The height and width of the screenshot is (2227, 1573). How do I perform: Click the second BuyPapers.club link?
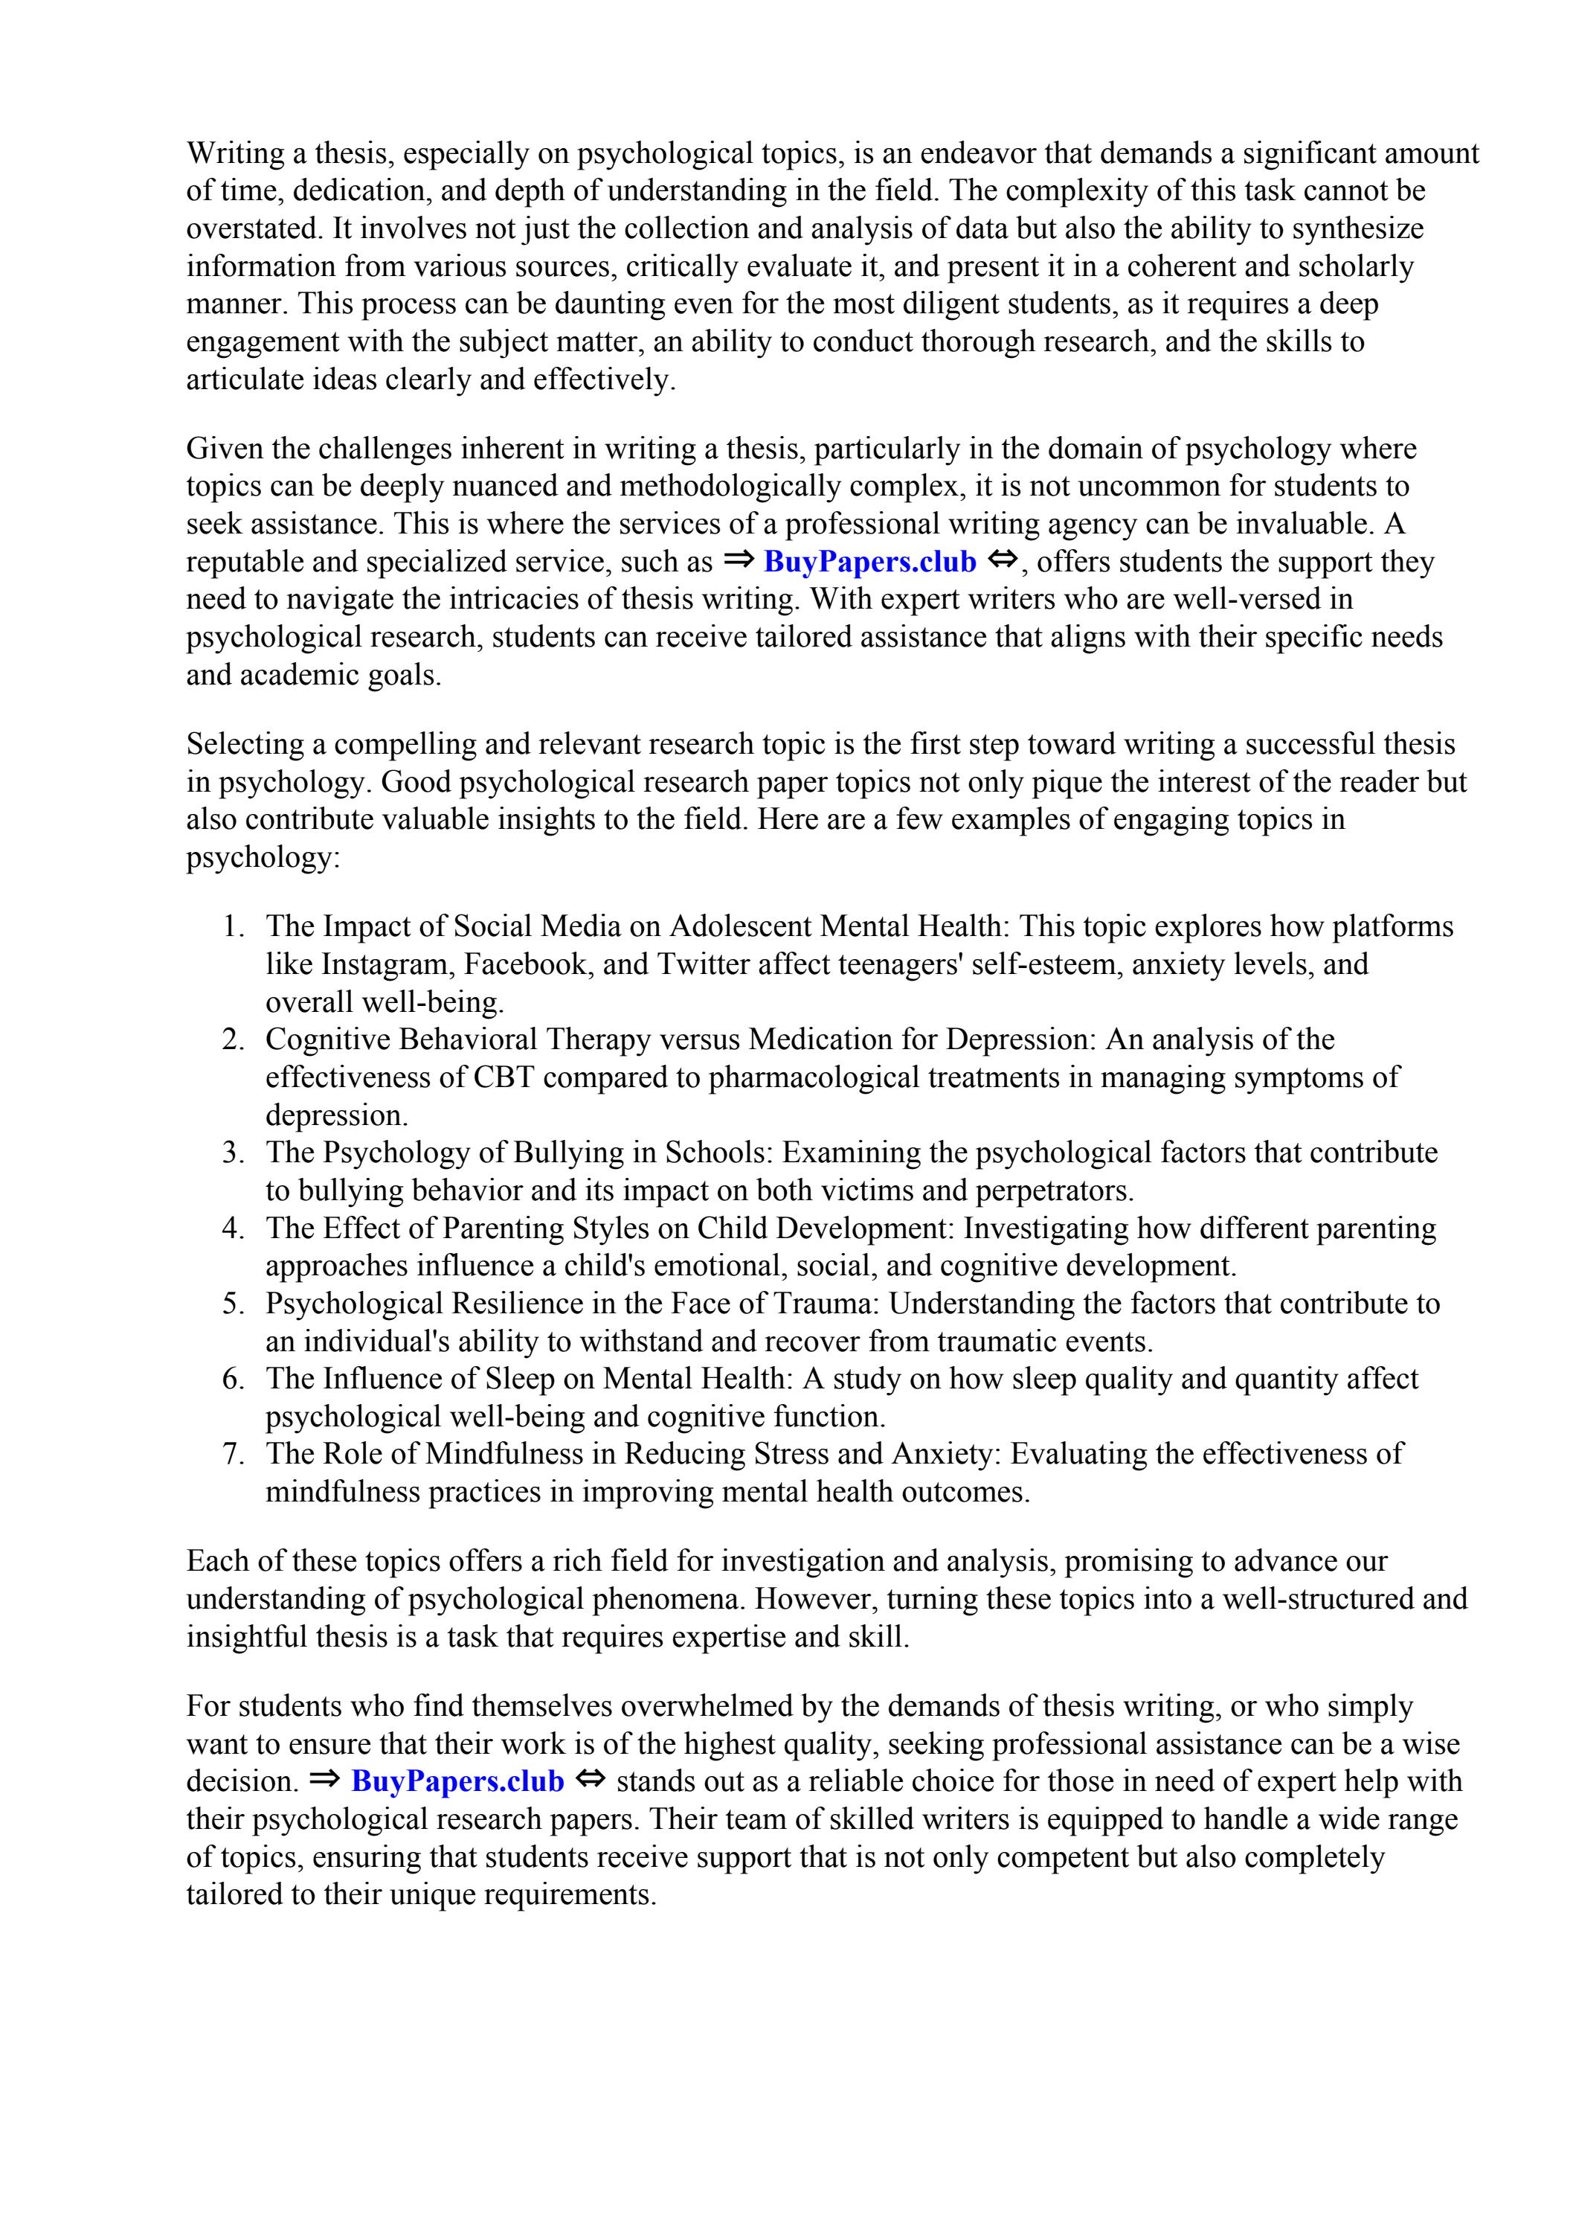click(x=457, y=1782)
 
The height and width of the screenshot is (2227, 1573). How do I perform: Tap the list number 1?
click(x=233, y=926)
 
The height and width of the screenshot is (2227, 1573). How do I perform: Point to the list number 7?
click(x=233, y=1454)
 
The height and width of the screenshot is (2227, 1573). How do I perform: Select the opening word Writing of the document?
click(x=233, y=153)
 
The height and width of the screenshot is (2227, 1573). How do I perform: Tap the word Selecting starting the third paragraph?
click(x=246, y=744)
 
